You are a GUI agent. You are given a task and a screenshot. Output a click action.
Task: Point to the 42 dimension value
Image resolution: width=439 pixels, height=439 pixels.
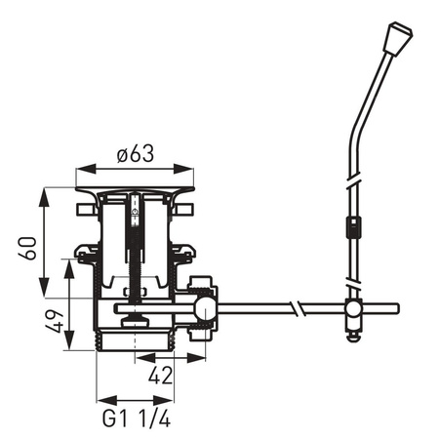161,374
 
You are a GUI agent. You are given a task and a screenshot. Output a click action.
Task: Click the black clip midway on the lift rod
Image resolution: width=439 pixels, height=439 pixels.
352,232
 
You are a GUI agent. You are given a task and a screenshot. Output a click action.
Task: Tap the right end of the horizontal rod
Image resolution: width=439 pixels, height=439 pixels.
395,310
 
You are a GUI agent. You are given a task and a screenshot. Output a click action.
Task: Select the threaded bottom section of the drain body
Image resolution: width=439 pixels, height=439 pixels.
137,339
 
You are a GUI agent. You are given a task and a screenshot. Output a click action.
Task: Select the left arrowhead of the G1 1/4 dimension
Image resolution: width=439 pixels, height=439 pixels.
101,399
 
